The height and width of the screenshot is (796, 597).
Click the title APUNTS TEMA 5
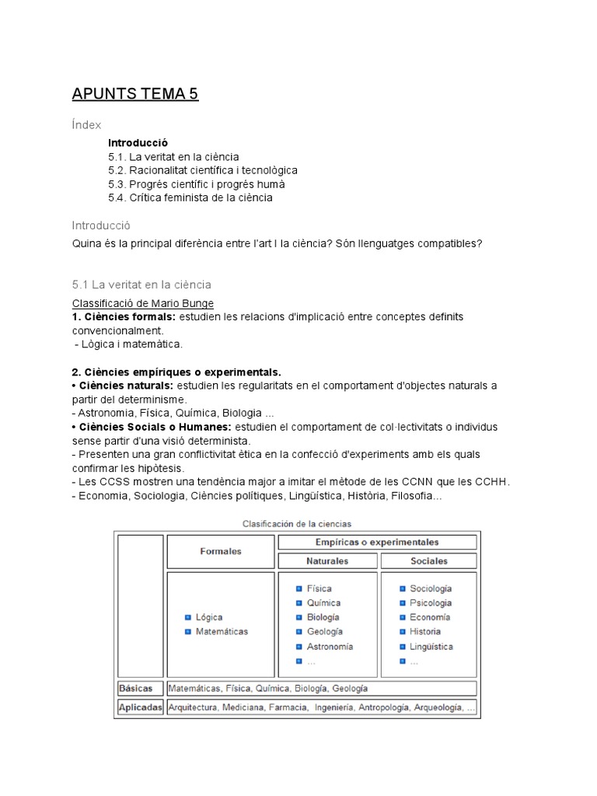pyautogui.click(x=135, y=95)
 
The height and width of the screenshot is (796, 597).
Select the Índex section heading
pyautogui.click(x=86, y=124)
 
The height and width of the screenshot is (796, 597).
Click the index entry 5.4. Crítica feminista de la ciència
pyautogui.click(x=190, y=197)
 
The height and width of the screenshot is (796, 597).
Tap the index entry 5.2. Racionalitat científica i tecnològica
pyautogui.click(x=203, y=170)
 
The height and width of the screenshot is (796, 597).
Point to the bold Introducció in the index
pyautogui.click(x=138, y=143)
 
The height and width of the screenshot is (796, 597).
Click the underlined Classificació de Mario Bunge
pyautogui.click(x=143, y=303)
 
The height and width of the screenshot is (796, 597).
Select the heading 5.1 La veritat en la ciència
pyautogui.click(x=141, y=285)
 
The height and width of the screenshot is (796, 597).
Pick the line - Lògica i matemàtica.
pyautogui.click(x=128, y=344)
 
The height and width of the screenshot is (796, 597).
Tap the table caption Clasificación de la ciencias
pyautogui.click(x=297, y=524)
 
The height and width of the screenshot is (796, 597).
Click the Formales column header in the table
pyautogui.click(x=221, y=551)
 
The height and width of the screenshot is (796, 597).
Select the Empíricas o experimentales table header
pyautogui.click(x=377, y=542)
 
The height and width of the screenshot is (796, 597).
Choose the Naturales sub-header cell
pyautogui.click(x=327, y=560)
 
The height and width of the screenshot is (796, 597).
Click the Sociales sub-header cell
pyautogui.click(x=428, y=560)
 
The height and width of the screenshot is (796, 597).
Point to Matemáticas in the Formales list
pyautogui.click(x=222, y=631)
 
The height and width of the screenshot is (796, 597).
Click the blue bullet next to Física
pyautogui.click(x=298, y=588)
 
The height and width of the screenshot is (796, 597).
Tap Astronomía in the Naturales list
pyautogui.click(x=330, y=646)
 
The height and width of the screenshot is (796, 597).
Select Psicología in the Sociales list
pyautogui.click(x=431, y=602)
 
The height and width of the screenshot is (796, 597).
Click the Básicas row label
pyautogui.click(x=136, y=688)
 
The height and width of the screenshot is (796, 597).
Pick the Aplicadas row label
pyautogui.click(x=140, y=707)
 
